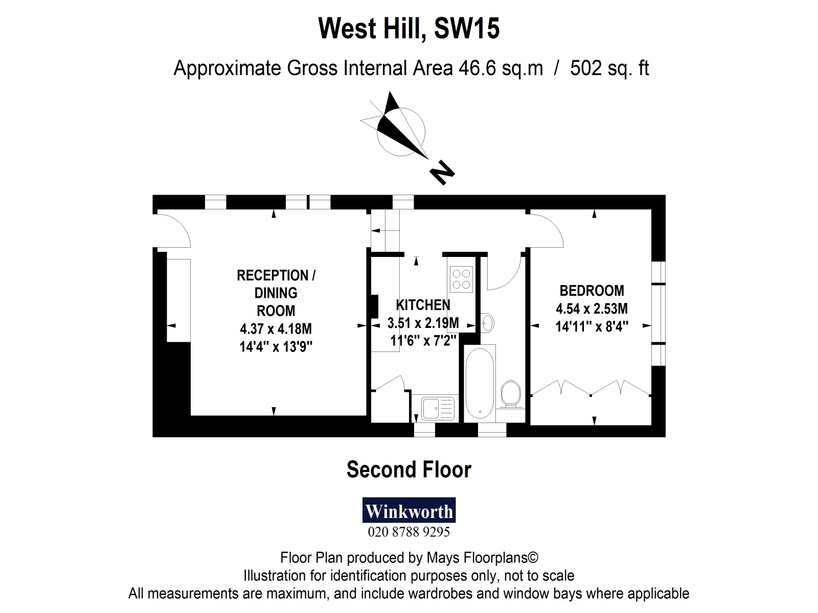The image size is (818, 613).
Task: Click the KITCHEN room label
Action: (x=423, y=305)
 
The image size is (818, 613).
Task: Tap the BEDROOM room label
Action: (x=592, y=291)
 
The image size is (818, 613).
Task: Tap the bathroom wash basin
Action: (x=488, y=323)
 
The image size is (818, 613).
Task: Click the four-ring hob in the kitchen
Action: (x=461, y=279)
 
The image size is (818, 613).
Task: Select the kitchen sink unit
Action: (x=438, y=408)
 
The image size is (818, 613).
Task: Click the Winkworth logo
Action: (x=409, y=510)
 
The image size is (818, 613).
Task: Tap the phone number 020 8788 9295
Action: (x=409, y=532)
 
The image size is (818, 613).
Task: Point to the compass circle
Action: (x=401, y=131)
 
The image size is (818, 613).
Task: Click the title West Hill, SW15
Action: (x=409, y=28)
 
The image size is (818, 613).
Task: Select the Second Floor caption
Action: (x=409, y=469)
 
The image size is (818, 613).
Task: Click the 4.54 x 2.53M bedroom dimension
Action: (x=592, y=309)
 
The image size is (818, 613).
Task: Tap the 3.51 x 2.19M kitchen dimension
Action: (x=423, y=323)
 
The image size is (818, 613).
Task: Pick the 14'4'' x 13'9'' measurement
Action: (x=276, y=347)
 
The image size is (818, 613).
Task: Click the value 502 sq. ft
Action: (x=609, y=68)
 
